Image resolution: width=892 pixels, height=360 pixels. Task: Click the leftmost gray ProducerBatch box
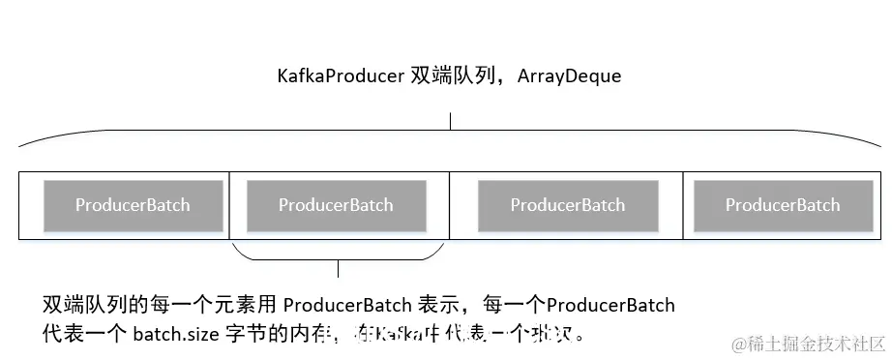tap(133, 205)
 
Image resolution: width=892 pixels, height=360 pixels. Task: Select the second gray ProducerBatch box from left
tap(336, 205)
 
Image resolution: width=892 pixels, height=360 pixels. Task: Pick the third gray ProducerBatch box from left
tap(567, 205)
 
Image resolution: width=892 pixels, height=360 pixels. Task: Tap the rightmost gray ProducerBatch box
tap(782, 205)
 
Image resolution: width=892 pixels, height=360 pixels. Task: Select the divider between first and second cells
tap(229, 205)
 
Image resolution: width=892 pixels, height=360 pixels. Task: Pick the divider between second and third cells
tap(451, 205)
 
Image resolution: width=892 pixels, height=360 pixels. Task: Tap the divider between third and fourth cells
tap(683, 205)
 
